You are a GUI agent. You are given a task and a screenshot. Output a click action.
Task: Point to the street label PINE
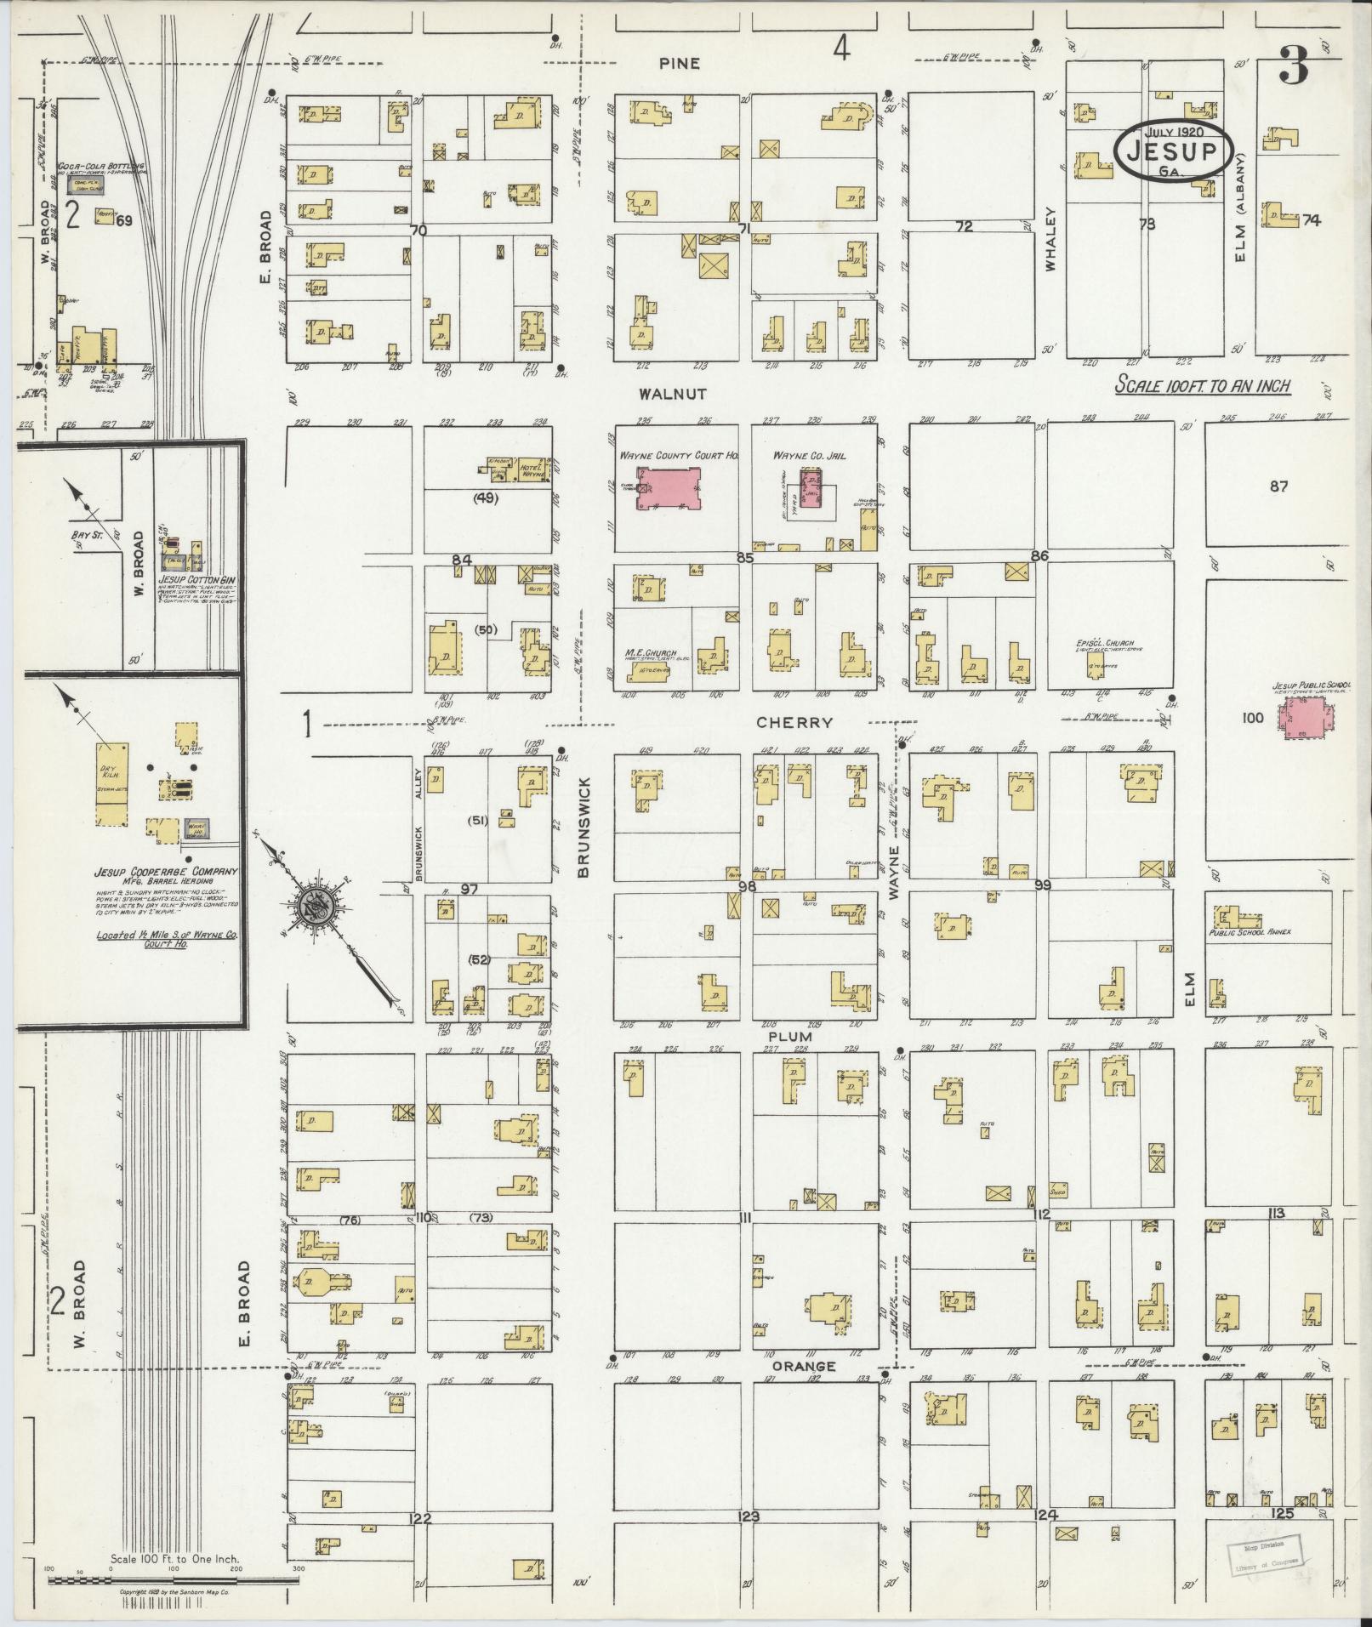tap(680, 64)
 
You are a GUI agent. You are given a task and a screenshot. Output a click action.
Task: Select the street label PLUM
tap(790, 1037)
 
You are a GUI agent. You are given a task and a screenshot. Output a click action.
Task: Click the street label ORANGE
tap(804, 1367)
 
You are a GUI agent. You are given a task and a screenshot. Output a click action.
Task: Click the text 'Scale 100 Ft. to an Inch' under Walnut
tap(1204, 386)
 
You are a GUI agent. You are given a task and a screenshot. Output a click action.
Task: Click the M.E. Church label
tap(650, 653)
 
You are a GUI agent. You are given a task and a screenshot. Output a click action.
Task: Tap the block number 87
tap(1278, 486)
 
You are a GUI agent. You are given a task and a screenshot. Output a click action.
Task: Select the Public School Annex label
tap(1250, 931)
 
